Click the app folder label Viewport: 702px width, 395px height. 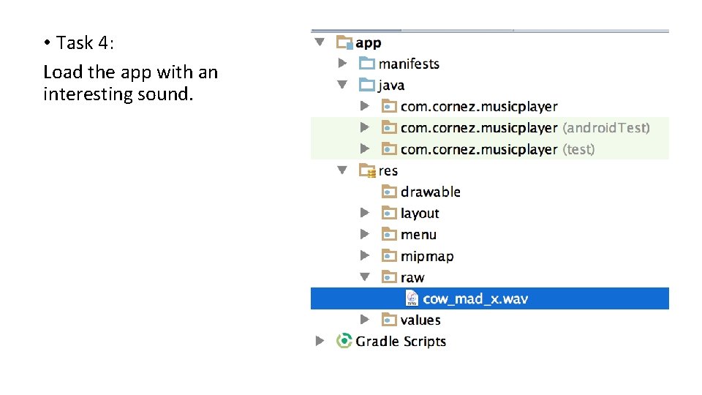(369, 42)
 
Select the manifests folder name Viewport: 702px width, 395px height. (409, 64)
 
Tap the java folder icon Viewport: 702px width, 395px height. (367, 85)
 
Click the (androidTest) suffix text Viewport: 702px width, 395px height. (605, 128)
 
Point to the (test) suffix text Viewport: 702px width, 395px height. (578, 149)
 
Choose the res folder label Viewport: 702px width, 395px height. (388, 170)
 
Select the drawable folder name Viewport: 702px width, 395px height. (430, 192)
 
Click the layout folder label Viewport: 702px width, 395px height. (420, 214)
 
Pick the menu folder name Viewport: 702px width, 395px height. (418, 235)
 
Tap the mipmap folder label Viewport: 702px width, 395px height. (427, 256)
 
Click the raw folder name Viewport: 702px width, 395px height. (412, 277)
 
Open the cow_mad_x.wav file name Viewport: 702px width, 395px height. (475, 298)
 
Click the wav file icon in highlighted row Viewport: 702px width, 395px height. (412, 298)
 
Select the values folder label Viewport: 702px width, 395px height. (420, 320)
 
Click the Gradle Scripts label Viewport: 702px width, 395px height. (401, 341)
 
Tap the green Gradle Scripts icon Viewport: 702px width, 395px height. (344, 341)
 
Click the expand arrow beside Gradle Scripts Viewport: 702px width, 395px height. (320, 341)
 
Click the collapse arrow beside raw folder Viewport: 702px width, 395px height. (365, 277)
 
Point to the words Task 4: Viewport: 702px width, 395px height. (86, 43)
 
